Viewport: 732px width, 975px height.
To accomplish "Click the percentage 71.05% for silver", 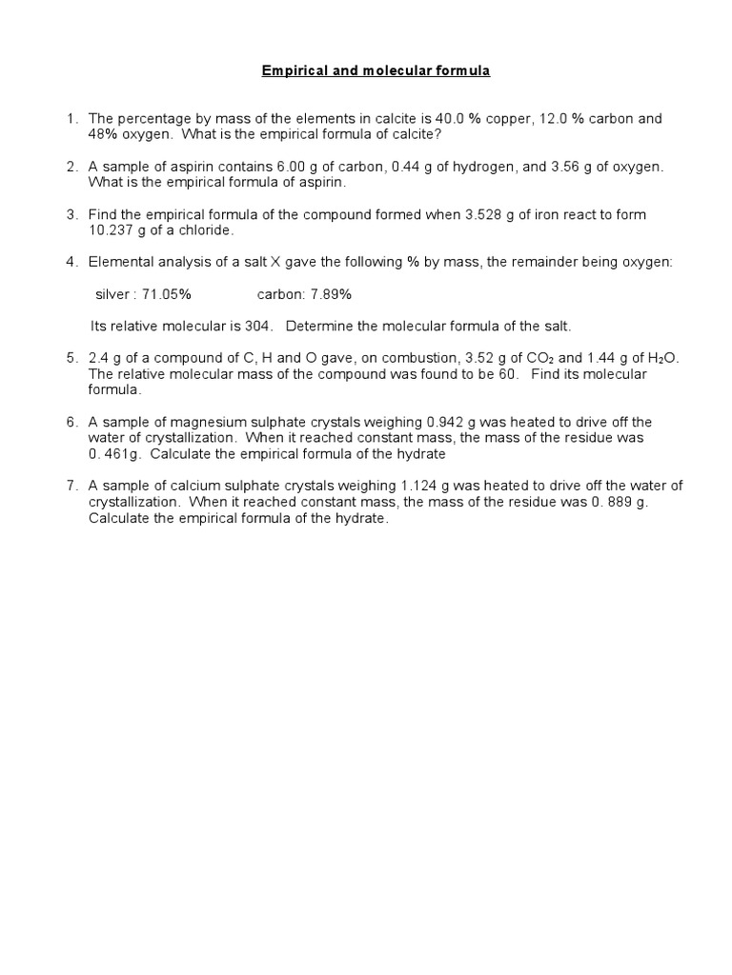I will coord(167,294).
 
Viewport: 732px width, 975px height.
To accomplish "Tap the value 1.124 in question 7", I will coord(426,486).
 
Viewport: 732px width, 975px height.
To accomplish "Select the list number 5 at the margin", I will coord(71,359).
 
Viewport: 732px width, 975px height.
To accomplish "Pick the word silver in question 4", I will coord(112,294).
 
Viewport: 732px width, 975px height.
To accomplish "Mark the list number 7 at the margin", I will coord(71,486).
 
